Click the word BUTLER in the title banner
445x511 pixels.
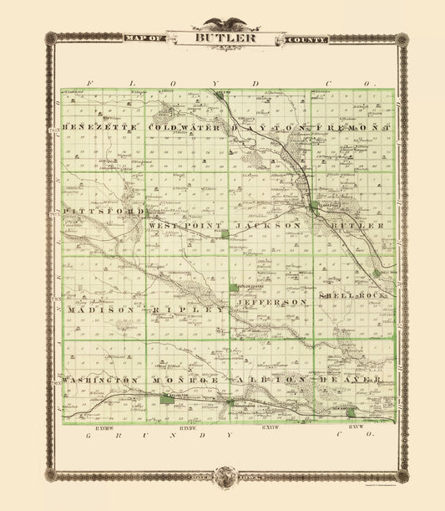tap(221, 38)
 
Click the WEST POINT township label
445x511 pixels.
tap(185, 226)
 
